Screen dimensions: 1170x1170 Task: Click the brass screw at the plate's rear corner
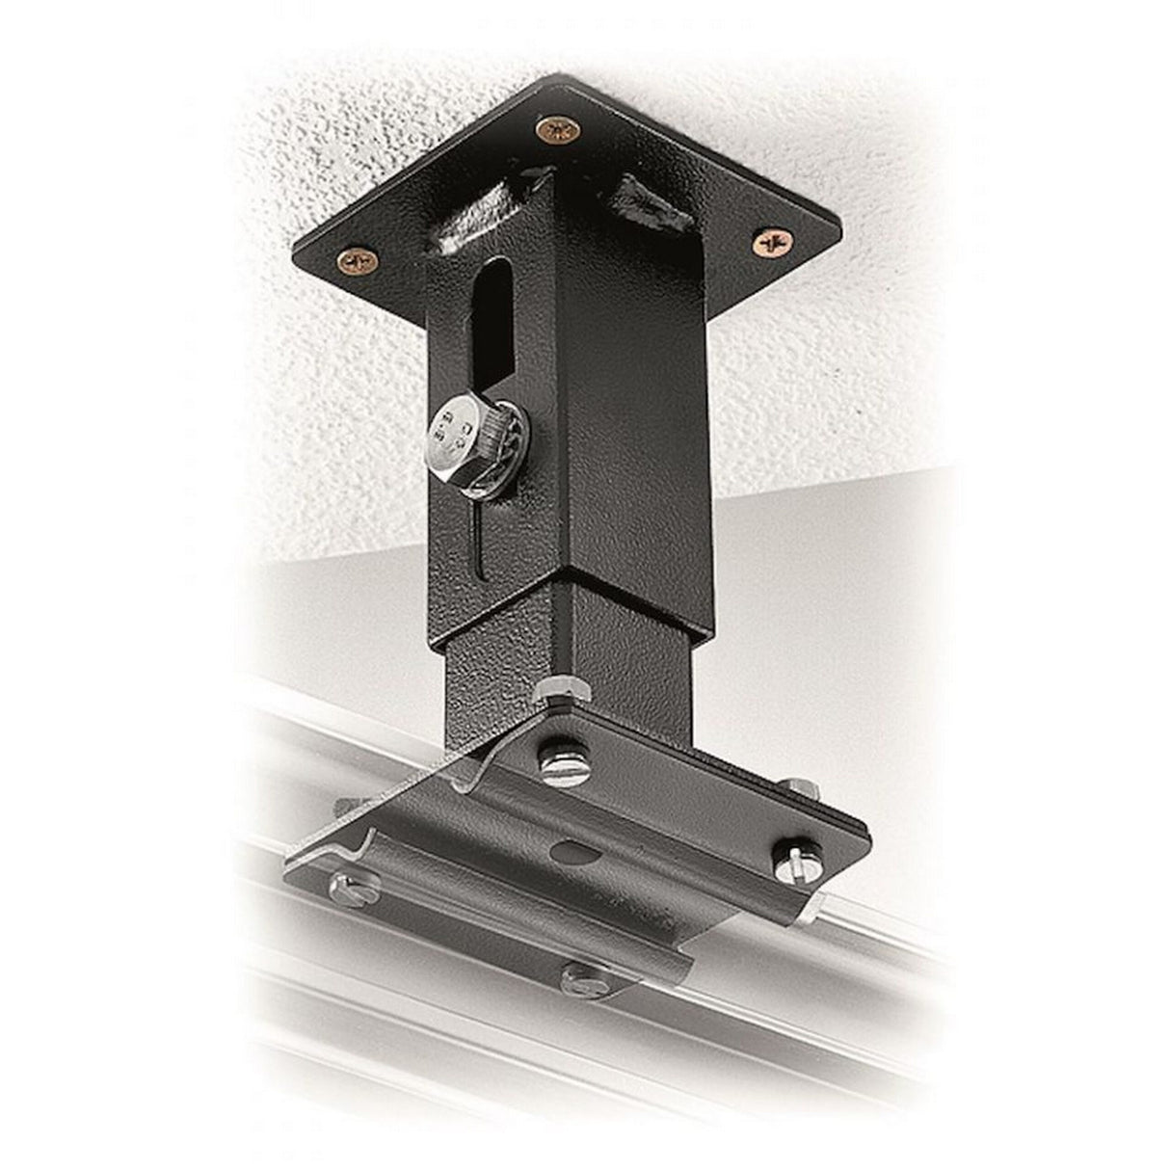(x=553, y=129)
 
